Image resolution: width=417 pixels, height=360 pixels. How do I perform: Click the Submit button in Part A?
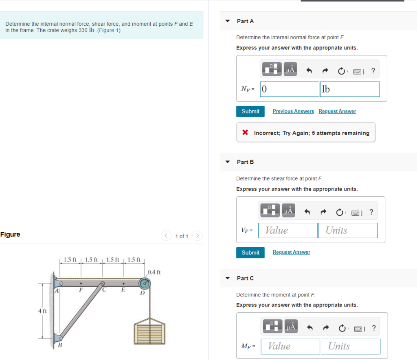[x=250, y=111]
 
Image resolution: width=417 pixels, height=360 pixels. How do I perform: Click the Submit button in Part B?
[x=250, y=252]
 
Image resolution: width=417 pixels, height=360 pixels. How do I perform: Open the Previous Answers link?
[x=293, y=111]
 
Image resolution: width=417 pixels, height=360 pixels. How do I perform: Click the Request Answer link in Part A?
[x=337, y=111]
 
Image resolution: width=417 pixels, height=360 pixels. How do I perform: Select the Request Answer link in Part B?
[x=291, y=252]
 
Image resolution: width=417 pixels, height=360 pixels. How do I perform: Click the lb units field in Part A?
[x=349, y=89]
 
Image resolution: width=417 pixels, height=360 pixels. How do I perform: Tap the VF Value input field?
[x=289, y=230]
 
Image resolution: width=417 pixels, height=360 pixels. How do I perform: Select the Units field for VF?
[x=347, y=230]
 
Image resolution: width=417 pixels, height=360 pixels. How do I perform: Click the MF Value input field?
[x=290, y=347]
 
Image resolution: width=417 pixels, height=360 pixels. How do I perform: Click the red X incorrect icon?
[x=245, y=133]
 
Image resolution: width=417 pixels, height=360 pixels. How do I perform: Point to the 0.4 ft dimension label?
[x=154, y=272]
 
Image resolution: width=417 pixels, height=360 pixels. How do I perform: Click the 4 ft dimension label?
[x=42, y=311]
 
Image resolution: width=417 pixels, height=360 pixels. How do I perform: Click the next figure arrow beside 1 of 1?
[x=198, y=236]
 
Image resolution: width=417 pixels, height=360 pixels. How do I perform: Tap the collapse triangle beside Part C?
[x=228, y=278]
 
